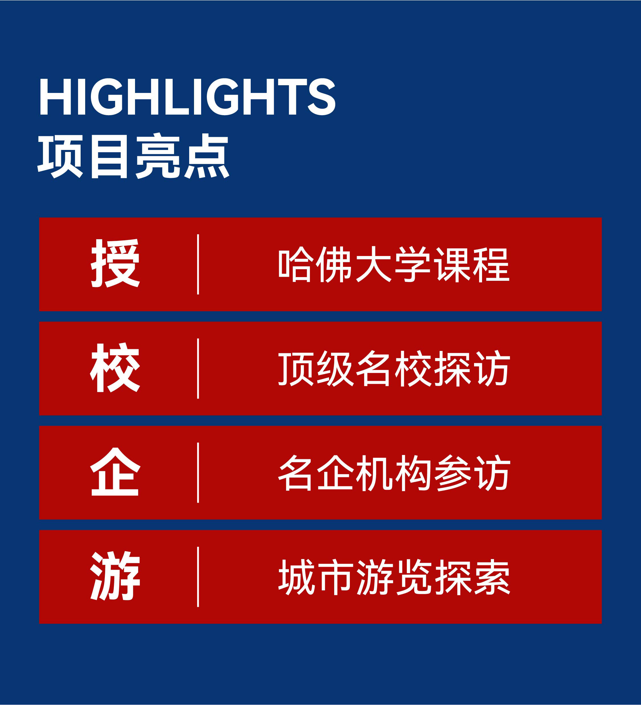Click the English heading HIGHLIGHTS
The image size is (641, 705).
tap(187, 97)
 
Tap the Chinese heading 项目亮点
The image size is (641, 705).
tap(134, 156)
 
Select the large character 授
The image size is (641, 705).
tap(115, 263)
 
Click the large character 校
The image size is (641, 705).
tap(115, 367)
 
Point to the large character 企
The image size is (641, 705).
tap(115, 472)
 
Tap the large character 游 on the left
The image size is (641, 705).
tap(115, 576)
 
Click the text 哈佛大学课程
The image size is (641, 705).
tap(394, 264)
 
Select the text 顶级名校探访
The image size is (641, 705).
tap(394, 368)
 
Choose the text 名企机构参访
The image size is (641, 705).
tap(394, 473)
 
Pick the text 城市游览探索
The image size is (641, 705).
tap(394, 577)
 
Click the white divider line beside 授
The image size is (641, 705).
tap(198, 264)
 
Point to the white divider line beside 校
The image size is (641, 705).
tap(198, 369)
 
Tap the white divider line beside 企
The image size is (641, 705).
tap(198, 473)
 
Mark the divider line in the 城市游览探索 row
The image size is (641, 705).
tap(198, 577)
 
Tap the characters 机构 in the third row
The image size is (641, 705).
tap(394, 473)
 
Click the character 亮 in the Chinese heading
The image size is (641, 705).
tap(158, 156)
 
